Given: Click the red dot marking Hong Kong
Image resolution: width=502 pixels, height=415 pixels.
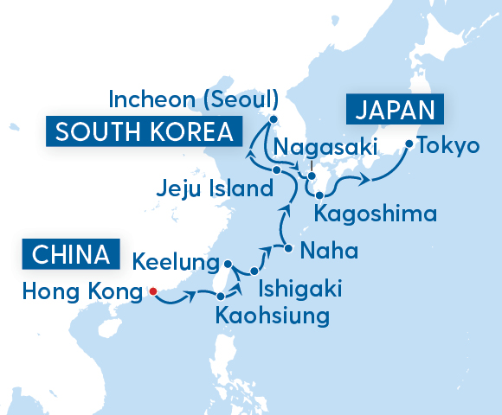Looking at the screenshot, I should pyautogui.click(x=152, y=291).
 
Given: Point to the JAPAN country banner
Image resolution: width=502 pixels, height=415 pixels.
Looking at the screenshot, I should pyautogui.click(x=395, y=111).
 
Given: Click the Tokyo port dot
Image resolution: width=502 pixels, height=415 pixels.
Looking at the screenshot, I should pyautogui.click(x=409, y=144).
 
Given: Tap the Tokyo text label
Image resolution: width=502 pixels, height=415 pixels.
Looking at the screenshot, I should pyautogui.click(x=447, y=145).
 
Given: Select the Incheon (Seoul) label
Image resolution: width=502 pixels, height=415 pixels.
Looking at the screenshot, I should pyautogui.click(x=193, y=99).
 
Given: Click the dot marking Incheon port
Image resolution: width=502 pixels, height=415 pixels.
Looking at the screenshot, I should pyautogui.click(x=274, y=120).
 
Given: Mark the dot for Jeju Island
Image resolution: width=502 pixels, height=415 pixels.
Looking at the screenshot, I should pyautogui.click(x=276, y=170).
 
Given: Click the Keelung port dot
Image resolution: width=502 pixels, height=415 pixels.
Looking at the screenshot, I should pyautogui.click(x=227, y=264).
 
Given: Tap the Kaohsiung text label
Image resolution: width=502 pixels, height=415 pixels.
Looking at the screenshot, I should pyautogui.click(x=274, y=316).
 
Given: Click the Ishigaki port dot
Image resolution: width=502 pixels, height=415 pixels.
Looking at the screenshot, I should pyautogui.click(x=254, y=271).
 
